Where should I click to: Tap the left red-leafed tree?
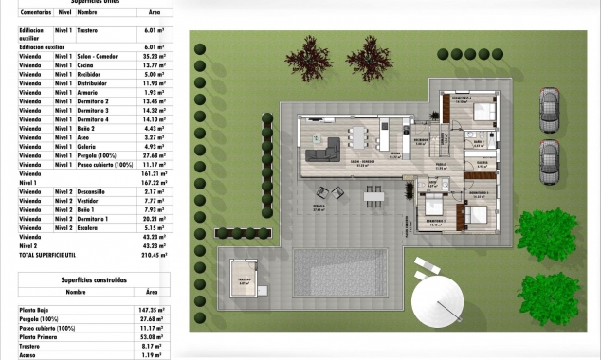[306, 60]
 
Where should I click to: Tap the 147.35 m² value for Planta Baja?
[152, 309]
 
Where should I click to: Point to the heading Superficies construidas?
[94, 280]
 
